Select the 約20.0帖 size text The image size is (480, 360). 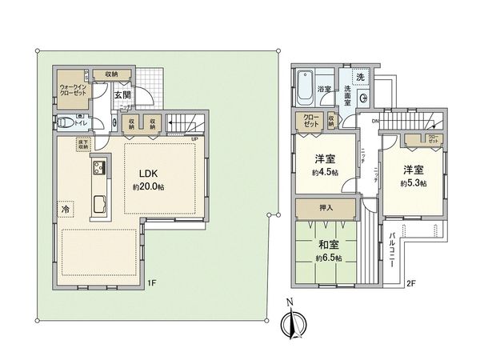click(150, 187)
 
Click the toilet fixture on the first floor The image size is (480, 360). click(63, 123)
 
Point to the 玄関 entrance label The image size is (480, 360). click(122, 96)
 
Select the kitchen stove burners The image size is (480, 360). click(100, 169)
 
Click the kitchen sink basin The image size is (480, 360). click(100, 202)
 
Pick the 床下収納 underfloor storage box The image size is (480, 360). click(83, 145)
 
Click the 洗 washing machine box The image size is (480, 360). click(360, 77)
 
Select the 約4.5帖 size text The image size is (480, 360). click(324, 173)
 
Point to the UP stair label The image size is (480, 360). click(194, 138)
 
